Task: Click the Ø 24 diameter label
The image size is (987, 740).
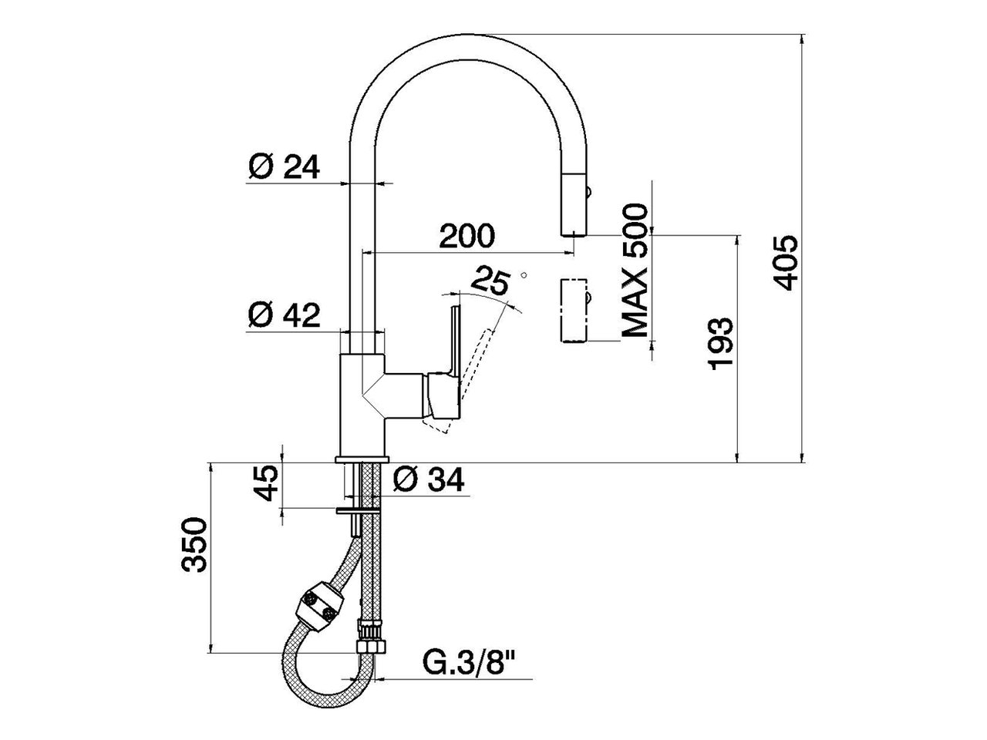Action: pos(284,166)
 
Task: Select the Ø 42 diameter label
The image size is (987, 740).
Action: pos(284,314)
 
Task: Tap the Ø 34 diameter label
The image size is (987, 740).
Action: pos(429,481)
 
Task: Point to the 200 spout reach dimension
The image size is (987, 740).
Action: pos(467,236)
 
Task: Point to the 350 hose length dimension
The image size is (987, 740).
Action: pos(194,545)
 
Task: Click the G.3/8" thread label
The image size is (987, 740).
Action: pos(469,662)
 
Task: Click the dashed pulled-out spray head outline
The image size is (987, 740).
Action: pos(572,310)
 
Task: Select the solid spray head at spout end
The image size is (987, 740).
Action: pos(573,204)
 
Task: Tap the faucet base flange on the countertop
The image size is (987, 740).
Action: pos(362,459)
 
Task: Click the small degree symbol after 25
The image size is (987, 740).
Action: pos(524,274)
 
